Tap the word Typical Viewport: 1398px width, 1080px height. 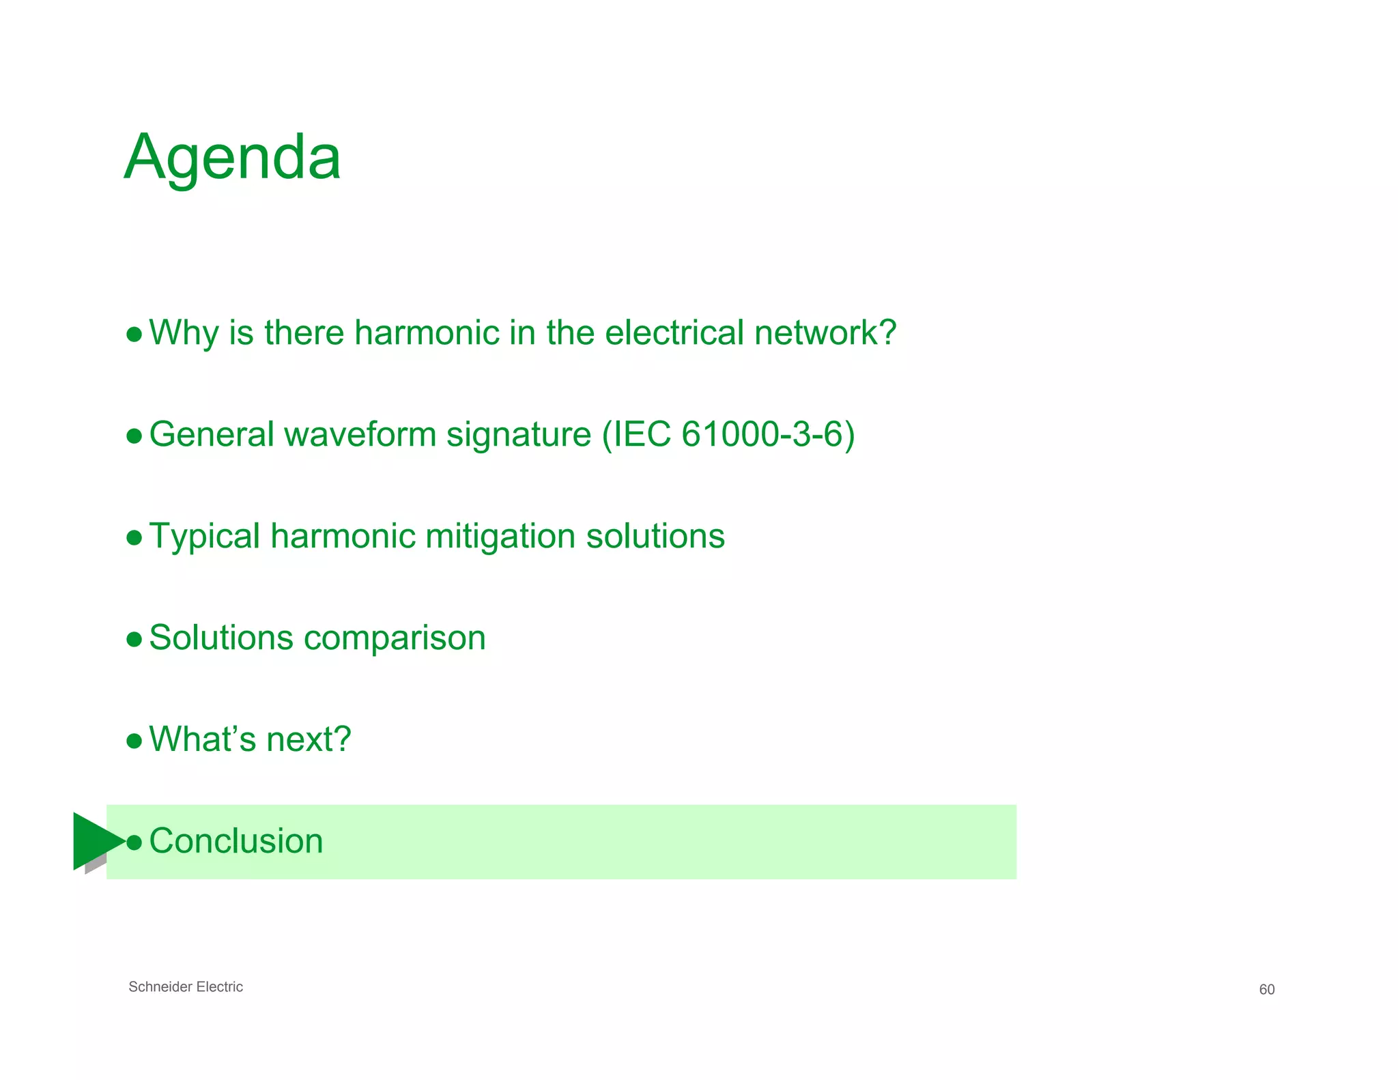(205, 537)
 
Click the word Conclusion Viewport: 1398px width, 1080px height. (236, 841)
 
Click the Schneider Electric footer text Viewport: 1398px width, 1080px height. (186, 986)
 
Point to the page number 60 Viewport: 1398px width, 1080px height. (1266, 989)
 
